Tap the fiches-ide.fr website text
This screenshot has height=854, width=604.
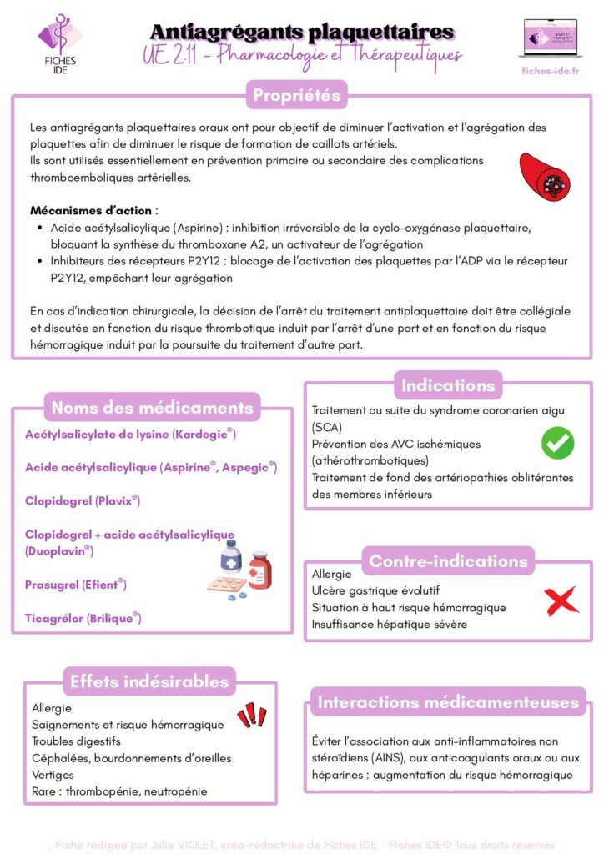click(550, 71)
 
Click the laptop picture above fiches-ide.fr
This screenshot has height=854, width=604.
click(550, 38)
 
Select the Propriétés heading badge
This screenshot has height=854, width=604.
click(297, 95)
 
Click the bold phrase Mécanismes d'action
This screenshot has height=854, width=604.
click(92, 210)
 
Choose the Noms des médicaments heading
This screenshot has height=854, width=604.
click(152, 408)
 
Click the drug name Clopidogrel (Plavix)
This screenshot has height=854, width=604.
click(82, 501)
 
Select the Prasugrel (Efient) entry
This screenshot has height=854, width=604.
click(75, 585)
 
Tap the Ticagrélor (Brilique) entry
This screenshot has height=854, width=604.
click(83, 618)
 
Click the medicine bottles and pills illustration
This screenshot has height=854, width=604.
click(240, 570)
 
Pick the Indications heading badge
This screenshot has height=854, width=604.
click(448, 385)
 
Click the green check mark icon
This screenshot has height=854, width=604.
click(557, 442)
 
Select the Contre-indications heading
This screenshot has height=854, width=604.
click(448, 561)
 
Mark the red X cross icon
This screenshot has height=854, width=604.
click(561, 600)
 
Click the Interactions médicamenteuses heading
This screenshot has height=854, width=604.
click(448, 702)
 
